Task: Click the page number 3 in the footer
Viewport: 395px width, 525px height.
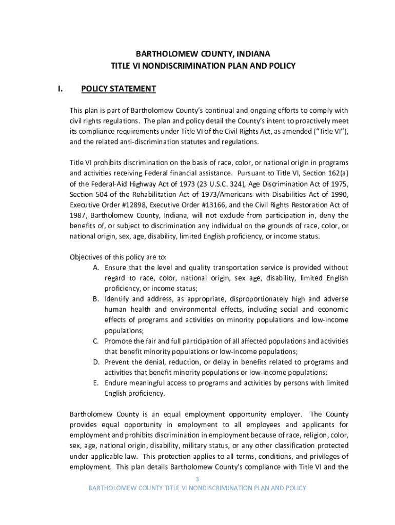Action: [197, 479]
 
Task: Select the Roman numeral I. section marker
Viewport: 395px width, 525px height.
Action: [60, 89]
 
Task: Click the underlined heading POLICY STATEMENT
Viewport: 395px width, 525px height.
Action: [118, 89]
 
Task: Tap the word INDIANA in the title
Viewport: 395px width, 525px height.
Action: [252, 54]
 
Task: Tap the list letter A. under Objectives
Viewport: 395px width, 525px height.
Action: [96, 268]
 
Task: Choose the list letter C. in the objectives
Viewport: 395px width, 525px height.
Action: [96, 341]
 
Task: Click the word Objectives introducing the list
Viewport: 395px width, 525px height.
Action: [88, 257]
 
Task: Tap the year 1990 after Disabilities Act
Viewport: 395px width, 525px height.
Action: [339, 194]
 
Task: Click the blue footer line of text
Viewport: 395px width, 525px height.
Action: [197, 488]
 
